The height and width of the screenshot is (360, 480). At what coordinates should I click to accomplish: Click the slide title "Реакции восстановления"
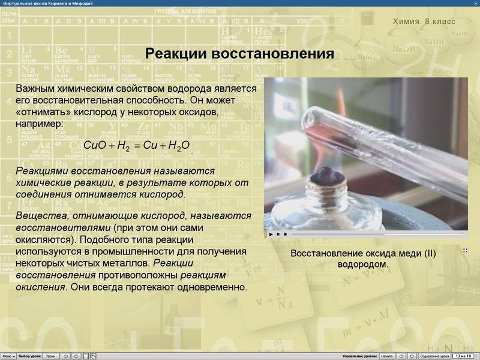(x=240, y=55)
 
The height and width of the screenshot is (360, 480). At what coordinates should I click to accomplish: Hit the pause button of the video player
(x=278, y=234)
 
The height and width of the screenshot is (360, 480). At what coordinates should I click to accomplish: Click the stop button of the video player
(x=286, y=234)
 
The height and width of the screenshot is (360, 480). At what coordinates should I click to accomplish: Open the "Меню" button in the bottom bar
(x=7, y=356)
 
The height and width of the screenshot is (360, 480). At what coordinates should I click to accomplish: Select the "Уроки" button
(x=51, y=356)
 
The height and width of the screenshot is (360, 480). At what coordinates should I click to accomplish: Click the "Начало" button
(x=386, y=356)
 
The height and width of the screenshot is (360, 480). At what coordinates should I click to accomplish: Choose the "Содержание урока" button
(x=434, y=356)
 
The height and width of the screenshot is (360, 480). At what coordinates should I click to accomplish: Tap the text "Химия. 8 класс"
(x=424, y=22)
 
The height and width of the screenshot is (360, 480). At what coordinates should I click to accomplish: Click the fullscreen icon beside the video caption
(x=465, y=250)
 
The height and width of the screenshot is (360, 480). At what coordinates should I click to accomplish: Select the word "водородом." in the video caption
(x=363, y=264)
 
